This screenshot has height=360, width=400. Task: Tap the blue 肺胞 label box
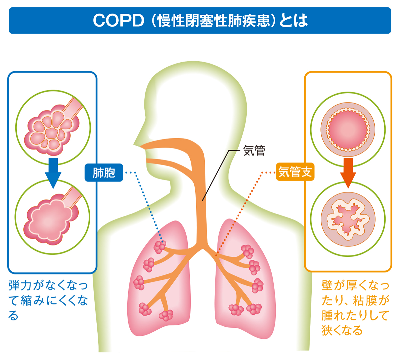point(104,173)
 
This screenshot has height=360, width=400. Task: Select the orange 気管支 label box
point(295,172)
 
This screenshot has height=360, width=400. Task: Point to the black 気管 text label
point(254,151)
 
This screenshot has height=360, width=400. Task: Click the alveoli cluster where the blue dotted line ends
point(160,246)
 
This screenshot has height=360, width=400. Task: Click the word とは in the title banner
point(292,21)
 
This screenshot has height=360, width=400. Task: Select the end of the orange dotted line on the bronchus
point(216,255)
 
